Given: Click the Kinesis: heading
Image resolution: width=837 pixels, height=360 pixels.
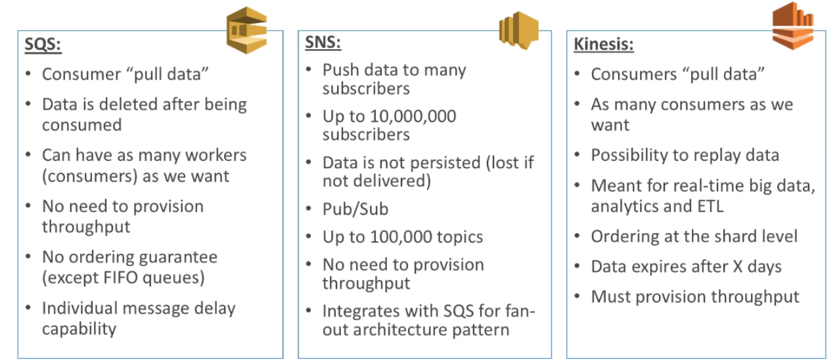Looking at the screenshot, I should tap(603, 45).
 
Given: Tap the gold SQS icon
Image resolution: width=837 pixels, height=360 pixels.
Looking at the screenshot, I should tap(246, 31).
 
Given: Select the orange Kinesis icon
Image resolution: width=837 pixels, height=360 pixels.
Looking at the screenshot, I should tap(792, 26).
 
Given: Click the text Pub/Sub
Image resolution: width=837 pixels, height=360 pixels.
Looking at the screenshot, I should tap(355, 209).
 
